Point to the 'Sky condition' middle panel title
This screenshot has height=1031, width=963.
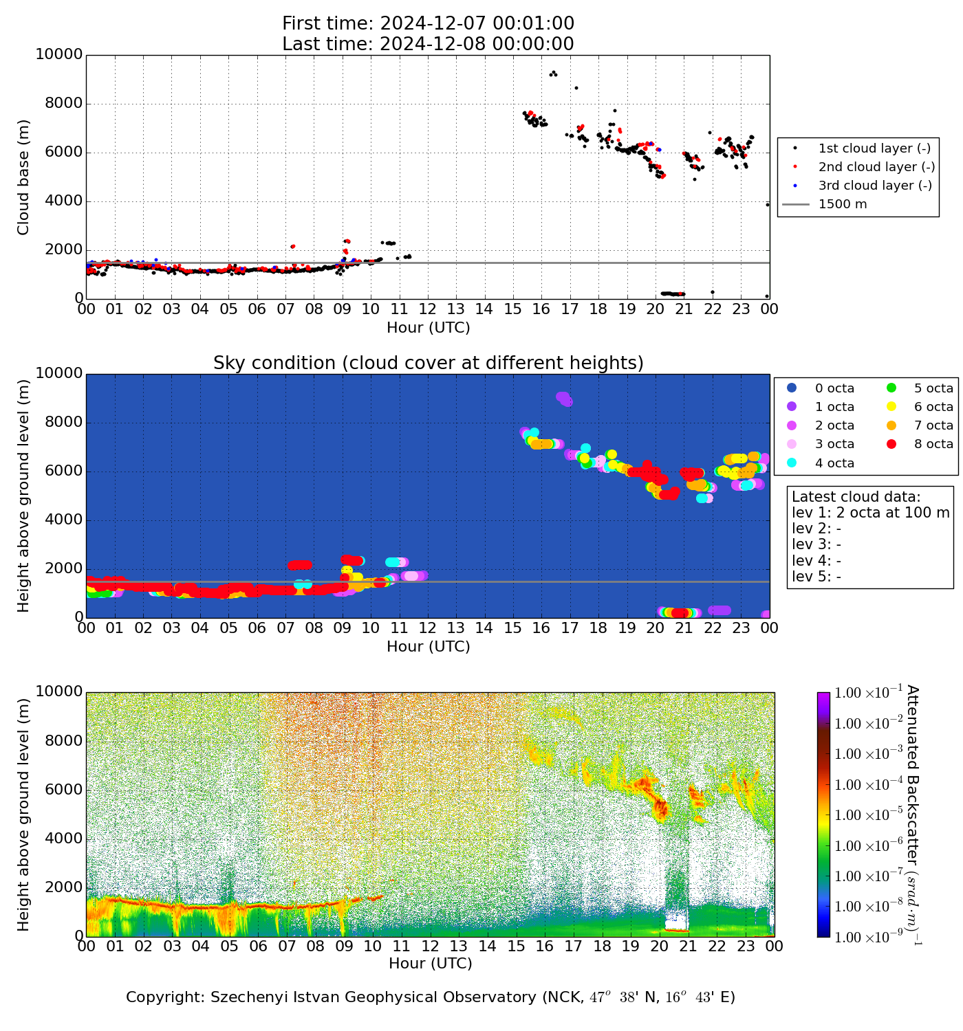point(428,363)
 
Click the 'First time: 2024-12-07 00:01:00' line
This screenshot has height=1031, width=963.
point(428,24)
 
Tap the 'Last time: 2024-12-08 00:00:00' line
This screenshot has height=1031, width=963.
point(428,44)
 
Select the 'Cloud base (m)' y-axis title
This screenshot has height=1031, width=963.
point(24,177)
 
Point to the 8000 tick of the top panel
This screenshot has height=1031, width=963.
point(63,104)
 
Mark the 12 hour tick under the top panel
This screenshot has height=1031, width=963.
point(427,309)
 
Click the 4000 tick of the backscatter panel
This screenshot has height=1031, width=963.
point(63,839)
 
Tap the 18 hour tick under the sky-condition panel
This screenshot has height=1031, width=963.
point(598,628)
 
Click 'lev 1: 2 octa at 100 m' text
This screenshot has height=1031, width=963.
point(870,513)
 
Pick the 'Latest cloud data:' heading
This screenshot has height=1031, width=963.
point(856,497)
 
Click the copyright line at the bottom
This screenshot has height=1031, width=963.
point(431,997)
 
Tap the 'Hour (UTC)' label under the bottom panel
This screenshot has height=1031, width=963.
point(431,964)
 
